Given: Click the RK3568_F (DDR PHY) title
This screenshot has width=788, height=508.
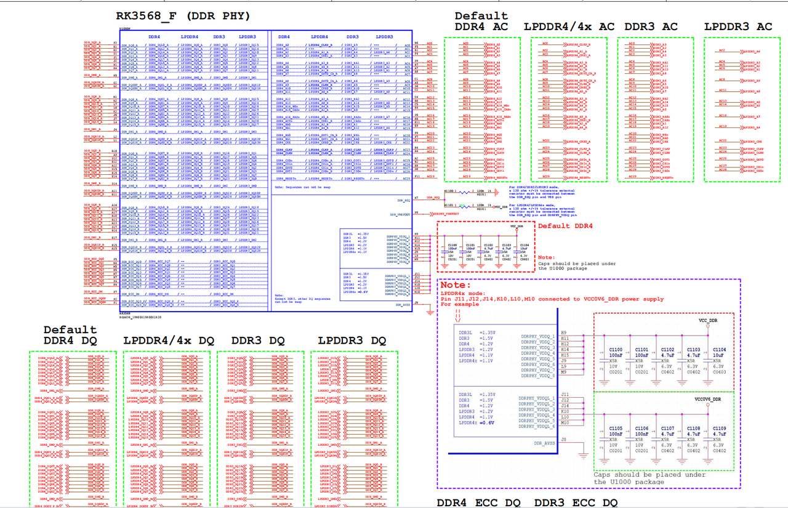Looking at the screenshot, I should coord(183,16).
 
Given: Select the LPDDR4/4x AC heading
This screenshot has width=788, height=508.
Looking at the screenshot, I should coord(569,26).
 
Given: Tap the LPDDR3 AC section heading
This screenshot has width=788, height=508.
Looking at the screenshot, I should coord(738,26).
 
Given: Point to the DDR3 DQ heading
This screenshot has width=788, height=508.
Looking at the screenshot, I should coord(258,341).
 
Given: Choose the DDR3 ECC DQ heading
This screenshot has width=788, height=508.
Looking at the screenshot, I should coord(576,503).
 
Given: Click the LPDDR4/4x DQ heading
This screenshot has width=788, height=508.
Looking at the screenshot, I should coord(169,341).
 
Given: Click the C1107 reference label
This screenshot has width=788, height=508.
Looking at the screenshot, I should coord(668,429).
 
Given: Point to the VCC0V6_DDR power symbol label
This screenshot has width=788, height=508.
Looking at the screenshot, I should coord(707,400).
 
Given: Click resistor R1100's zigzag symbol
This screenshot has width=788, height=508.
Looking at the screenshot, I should coord(465,192).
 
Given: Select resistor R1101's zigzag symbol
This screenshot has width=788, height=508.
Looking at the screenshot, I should coord(465,207).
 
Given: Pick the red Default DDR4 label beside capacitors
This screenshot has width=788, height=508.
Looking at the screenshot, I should coord(565,226).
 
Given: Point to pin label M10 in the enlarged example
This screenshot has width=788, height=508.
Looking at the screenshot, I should coord(565,423).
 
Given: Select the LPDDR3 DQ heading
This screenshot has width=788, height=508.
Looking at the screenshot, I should coord(352,341).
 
